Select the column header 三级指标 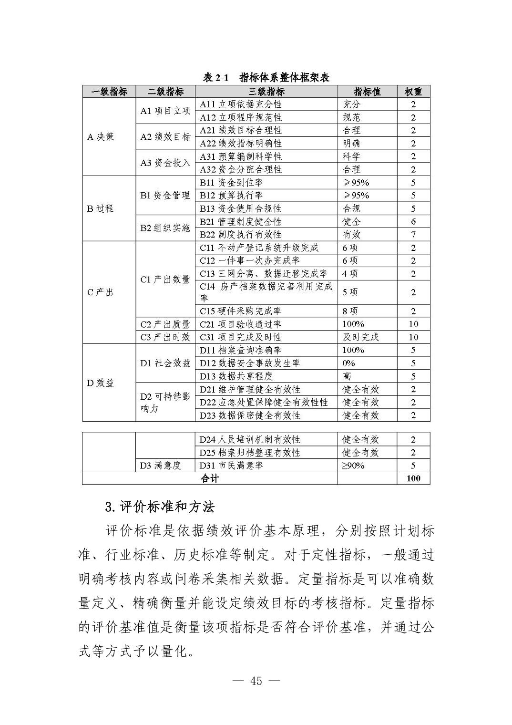[266, 92]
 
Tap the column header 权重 [413, 92]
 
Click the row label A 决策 [101, 137]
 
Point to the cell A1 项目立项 [165, 111]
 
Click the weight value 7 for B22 [413, 235]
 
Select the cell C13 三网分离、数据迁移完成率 [263, 274]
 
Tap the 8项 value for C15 [350, 311]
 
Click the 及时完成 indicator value [360, 337]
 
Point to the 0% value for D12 [348, 363]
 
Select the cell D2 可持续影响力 [165, 403]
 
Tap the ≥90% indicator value [353, 466]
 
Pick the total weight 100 [413, 478]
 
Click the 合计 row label [210, 478]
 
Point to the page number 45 [256, 681]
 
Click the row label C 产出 [100, 292]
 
